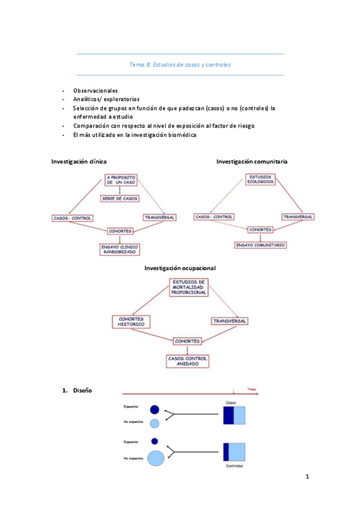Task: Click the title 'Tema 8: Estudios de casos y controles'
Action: pyautogui.click(x=180, y=64)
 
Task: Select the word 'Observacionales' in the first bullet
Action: pyautogui.click(x=96, y=90)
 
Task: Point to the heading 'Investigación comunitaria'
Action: pyautogui.click(x=252, y=162)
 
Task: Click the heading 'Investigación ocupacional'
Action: pyautogui.click(x=180, y=268)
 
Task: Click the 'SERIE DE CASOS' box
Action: pyautogui.click(x=120, y=198)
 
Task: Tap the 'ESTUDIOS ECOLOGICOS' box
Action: pyautogui.click(x=260, y=180)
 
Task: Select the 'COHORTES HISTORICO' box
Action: pyautogui.click(x=130, y=322)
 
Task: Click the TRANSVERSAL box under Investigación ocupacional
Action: pyautogui.click(x=229, y=322)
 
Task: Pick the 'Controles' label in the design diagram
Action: pyautogui.click(x=234, y=466)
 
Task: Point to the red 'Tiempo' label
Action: pyautogui.click(x=252, y=389)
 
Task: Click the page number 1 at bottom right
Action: pyautogui.click(x=307, y=478)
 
